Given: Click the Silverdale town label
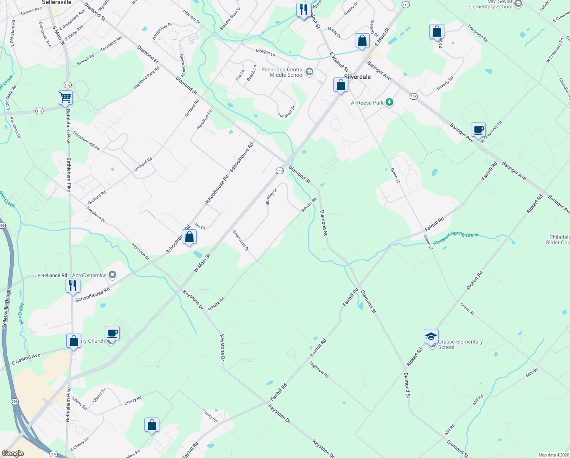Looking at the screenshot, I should click(x=357, y=77).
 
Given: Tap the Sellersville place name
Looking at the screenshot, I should click(x=57, y=2).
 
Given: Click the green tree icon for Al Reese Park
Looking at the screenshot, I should click(x=389, y=102).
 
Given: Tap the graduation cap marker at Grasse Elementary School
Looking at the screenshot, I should click(x=431, y=337).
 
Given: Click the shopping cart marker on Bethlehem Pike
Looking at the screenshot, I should click(x=66, y=97).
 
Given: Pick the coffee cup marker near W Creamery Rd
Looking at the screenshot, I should click(x=478, y=130).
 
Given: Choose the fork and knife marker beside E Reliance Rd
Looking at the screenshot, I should click(x=73, y=285).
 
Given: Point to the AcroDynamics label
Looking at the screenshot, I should click(x=89, y=275).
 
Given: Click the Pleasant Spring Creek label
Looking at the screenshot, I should click(x=456, y=238).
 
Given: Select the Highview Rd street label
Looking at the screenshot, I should click(x=319, y=370).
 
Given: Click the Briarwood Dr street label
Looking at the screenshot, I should click(x=241, y=240).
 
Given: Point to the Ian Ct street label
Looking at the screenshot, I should click(x=200, y=226).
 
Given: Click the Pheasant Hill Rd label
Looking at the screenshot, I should click(x=86, y=140).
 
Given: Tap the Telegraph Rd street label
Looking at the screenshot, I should click(x=478, y=33).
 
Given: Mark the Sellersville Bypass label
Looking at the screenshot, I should click(x=6, y=308).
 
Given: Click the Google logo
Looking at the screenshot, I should click(x=13, y=453).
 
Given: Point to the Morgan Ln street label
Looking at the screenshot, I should click(x=265, y=52).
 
